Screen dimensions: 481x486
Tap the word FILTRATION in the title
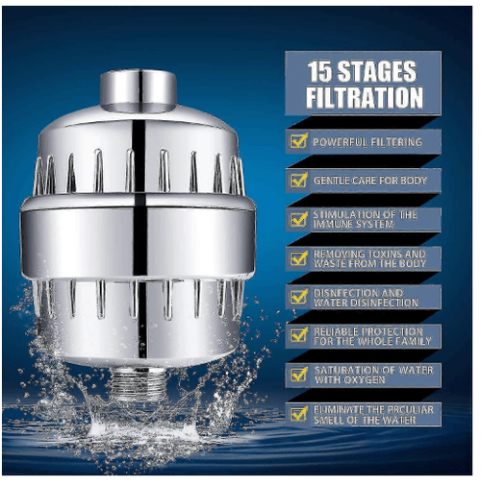(x=365, y=97)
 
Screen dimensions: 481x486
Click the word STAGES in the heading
(x=377, y=71)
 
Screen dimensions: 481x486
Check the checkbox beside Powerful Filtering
(x=298, y=141)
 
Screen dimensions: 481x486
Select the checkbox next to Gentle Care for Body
(x=298, y=181)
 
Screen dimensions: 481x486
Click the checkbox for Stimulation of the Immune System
(x=298, y=219)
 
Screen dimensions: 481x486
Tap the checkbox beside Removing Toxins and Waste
(x=298, y=258)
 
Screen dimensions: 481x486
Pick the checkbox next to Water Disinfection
(x=298, y=297)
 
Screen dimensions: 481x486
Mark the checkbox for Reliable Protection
(x=298, y=335)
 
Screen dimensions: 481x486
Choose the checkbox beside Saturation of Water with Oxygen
(x=298, y=375)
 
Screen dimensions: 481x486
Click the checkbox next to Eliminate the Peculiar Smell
(x=298, y=414)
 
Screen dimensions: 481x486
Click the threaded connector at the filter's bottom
(x=138, y=383)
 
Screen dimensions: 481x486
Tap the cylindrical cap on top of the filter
(x=139, y=90)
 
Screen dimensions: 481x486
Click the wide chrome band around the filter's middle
(x=139, y=238)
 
